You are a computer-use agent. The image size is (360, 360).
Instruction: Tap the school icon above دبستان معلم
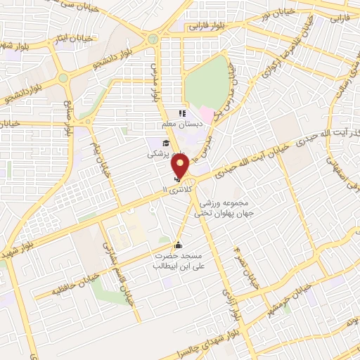tap(181, 113)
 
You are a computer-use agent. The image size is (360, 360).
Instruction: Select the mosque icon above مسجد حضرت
tap(178, 245)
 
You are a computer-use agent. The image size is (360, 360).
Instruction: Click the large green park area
tap(208, 81)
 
